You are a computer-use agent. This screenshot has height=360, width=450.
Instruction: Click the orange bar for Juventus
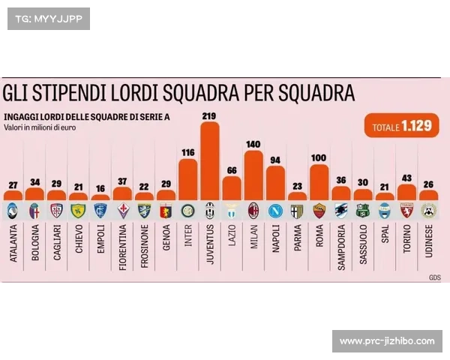point(210,161)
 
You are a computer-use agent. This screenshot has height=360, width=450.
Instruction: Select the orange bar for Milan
point(253,175)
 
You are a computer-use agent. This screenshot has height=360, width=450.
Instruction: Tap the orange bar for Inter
point(187,180)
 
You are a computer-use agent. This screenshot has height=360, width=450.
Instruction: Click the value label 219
point(209,115)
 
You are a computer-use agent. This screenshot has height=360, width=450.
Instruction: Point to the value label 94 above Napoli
point(275,160)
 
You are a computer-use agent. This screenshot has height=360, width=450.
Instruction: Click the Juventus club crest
point(210,210)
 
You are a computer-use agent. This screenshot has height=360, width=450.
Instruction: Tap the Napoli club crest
point(275,210)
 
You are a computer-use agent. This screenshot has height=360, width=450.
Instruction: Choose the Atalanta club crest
point(12,210)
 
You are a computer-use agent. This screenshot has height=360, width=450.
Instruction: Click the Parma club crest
point(298,210)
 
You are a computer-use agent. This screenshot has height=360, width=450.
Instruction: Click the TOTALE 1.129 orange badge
point(401,126)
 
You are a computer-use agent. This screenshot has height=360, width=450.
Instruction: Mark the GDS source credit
point(434,277)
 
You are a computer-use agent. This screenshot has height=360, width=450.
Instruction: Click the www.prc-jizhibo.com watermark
point(386,341)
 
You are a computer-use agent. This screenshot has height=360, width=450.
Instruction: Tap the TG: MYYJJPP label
point(48,18)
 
